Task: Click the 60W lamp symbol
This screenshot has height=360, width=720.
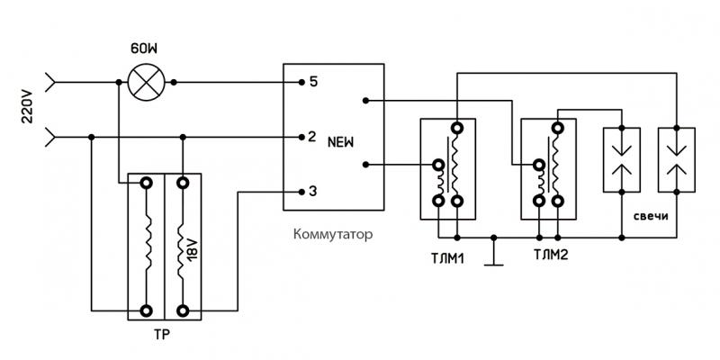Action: (142, 83)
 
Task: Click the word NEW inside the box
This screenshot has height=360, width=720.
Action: (340, 142)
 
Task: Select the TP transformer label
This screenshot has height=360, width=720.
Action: (163, 337)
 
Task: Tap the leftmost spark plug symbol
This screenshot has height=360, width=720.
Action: (621, 159)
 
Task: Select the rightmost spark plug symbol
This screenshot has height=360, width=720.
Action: (676, 159)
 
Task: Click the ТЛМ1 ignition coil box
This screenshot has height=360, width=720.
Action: (447, 169)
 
